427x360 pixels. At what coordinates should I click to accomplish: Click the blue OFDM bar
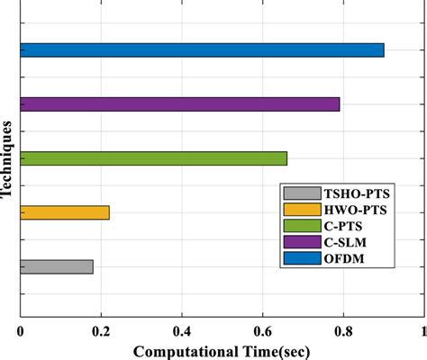coord(202,50)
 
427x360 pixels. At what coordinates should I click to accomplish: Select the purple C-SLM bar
coord(180,104)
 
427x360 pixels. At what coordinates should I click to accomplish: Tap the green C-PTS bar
coord(153,158)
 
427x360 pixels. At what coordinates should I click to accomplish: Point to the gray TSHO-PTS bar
coord(56,266)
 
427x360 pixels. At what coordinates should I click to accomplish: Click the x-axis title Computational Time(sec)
coord(223,349)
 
